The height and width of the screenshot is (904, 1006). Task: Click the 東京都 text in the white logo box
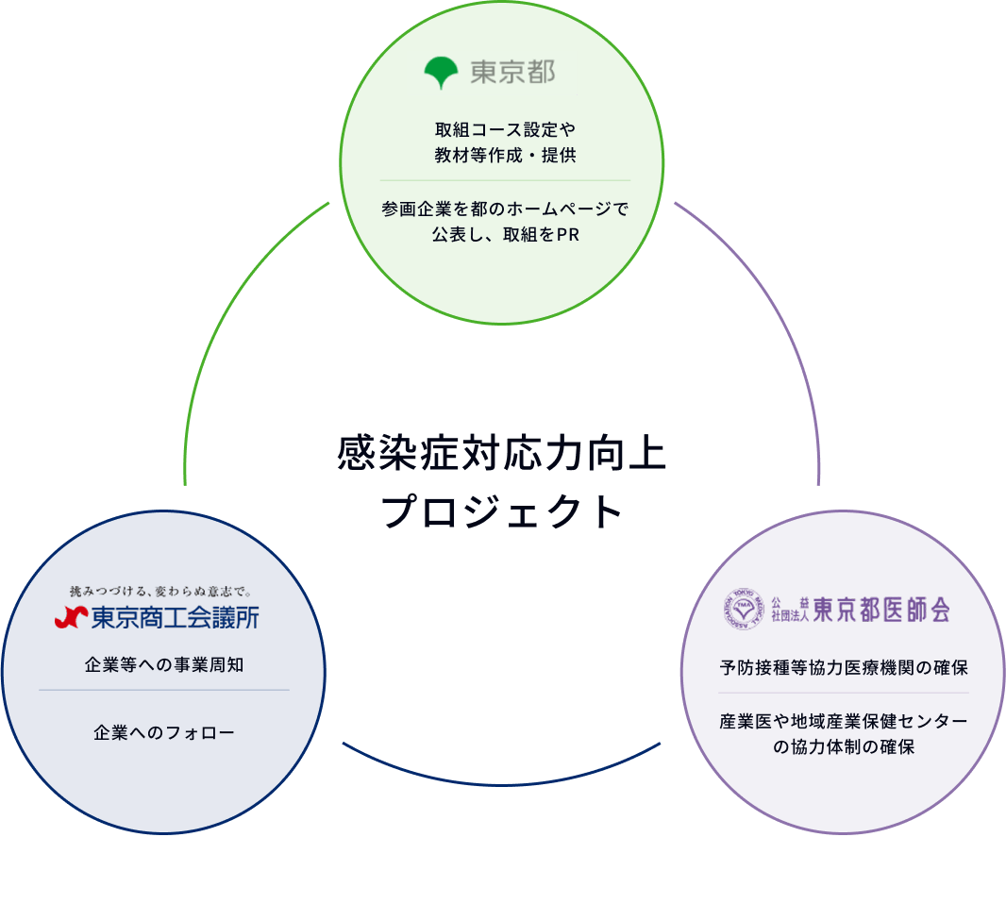pos(512,73)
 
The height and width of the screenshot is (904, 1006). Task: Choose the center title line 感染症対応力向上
pos(502,454)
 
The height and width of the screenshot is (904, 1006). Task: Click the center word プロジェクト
pos(502,512)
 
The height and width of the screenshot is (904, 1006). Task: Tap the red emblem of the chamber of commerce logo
pos(71,617)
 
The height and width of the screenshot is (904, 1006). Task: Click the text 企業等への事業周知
pos(164,664)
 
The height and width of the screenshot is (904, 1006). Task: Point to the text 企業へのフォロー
pos(164,731)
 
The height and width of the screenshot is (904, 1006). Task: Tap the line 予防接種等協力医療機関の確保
pos(843,668)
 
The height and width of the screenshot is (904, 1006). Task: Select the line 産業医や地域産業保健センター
pos(843,722)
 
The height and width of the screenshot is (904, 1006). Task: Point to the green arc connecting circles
pos(222,321)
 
